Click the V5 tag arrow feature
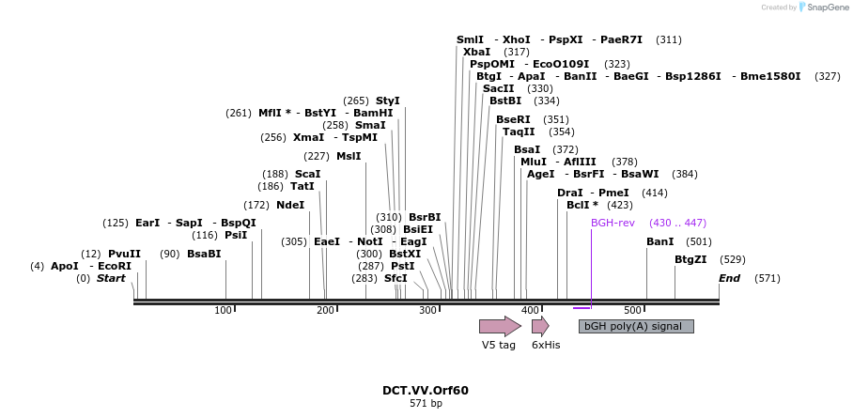click(499, 326)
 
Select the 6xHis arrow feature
click(540, 326)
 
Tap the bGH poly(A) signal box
click(636, 326)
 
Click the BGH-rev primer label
click(613, 223)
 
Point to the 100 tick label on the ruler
click(223, 310)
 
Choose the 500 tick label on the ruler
click(632, 310)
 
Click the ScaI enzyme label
click(307, 174)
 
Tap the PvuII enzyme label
click(124, 254)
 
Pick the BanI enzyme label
click(660, 241)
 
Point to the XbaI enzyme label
click(476, 52)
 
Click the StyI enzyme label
click(387, 101)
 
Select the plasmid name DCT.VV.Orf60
click(425, 390)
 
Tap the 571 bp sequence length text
click(425, 404)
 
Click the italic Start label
click(111, 278)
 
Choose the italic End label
click(729, 278)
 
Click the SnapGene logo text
click(824, 8)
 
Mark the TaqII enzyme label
click(519, 132)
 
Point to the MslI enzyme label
click(348, 156)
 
